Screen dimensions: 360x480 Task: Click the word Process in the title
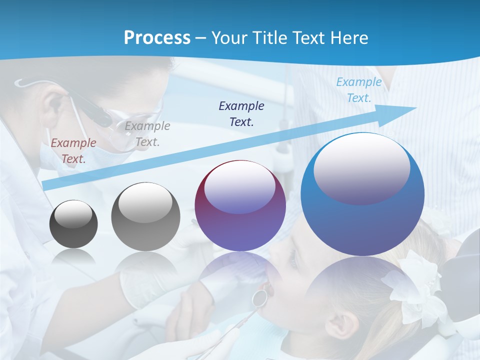[157, 38]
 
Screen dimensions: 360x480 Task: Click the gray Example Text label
[147, 134]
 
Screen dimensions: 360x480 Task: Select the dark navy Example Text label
[241, 113]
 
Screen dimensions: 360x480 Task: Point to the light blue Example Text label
[358, 90]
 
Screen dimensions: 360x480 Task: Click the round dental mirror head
[259, 298]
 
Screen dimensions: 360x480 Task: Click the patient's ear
[340, 320]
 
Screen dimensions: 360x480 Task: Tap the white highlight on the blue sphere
[361, 167]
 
